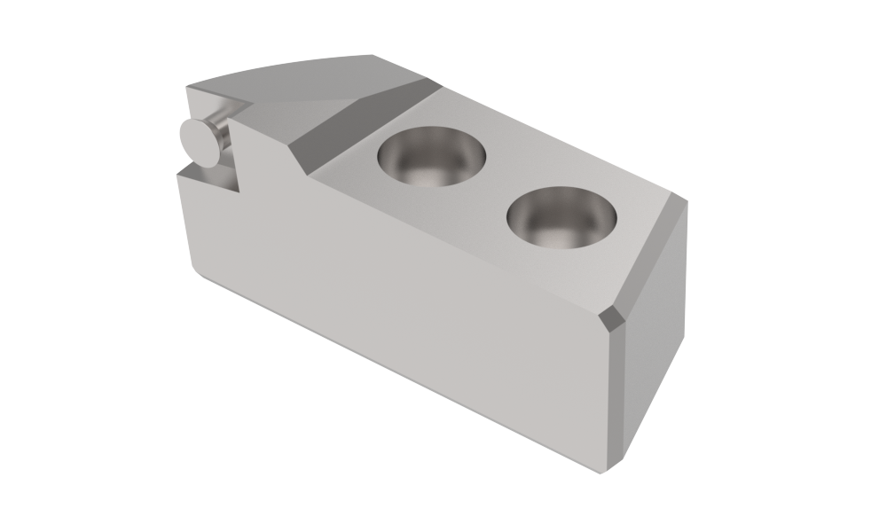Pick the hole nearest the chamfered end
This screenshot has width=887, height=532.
[561, 217]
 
